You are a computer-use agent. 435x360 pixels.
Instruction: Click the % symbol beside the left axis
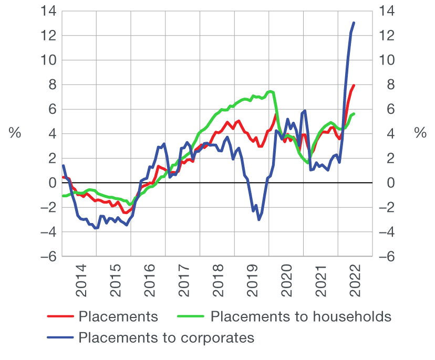tap(15, 133)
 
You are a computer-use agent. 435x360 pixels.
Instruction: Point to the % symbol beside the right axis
tap(420, 133)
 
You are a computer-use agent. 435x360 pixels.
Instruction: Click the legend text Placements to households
tap(301, 316)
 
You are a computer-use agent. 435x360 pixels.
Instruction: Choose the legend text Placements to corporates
tap(166, 337)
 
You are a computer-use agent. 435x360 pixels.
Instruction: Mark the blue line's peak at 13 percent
tap(354, 23)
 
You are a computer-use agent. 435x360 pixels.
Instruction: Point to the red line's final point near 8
tap(354, 85)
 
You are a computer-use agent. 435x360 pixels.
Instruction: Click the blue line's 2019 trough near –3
tap(258, 219)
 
